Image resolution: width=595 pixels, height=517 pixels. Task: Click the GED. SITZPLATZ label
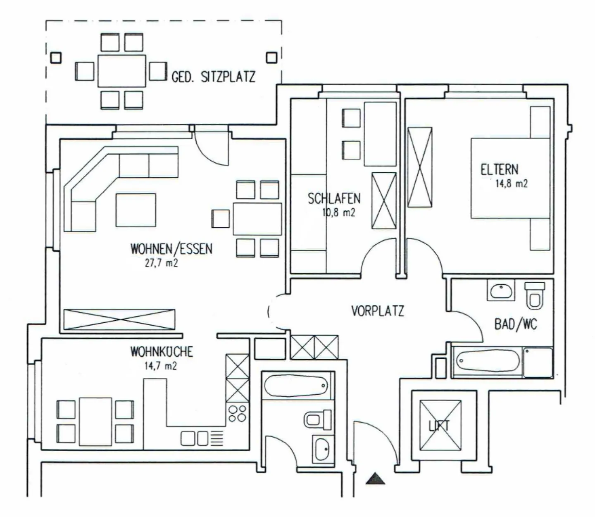click(213, 77)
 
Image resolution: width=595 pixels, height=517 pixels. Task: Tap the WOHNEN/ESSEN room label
click(171, 249)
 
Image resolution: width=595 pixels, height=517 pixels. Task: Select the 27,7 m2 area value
click(161, 263)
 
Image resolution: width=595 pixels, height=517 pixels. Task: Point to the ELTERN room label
click(499, 169)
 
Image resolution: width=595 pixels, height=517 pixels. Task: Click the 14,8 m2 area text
click(511, 184)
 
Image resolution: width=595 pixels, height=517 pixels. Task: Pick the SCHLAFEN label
click(334, 199)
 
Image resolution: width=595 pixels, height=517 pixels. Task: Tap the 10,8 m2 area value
click(338, 213)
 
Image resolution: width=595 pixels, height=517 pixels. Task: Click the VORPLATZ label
click(377, 311)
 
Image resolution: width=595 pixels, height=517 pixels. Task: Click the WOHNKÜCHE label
click(162, 352)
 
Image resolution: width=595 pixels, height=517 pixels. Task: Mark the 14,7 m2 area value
click(160, 366)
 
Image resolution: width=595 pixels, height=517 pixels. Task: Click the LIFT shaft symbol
click(440, 426)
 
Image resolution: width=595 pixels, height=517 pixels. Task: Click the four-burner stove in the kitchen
click(238, 413)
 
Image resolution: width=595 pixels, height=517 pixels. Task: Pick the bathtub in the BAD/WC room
click(488, 362)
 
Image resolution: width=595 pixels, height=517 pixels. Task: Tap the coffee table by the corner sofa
click(136, 210)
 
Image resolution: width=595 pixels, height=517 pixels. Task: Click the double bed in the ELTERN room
click(510, 178)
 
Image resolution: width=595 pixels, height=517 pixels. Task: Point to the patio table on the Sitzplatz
click(121, 71)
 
